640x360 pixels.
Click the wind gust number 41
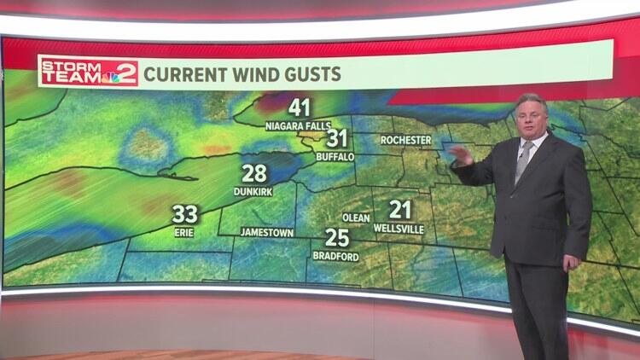299,108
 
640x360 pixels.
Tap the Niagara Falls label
299,126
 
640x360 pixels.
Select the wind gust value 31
337,139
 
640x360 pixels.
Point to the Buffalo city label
335,157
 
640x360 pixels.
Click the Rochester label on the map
405,139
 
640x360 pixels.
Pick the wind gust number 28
253,174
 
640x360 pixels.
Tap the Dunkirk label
253,192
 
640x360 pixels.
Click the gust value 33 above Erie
184,213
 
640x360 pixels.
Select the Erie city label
184,231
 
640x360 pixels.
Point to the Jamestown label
267,232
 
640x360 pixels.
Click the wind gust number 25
336,238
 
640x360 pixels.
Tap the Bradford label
336,256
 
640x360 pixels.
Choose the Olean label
356,218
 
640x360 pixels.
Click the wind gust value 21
399,209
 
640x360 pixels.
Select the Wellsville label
399,228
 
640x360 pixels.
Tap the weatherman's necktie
522,161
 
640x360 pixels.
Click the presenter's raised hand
462,155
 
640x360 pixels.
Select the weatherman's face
530,118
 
